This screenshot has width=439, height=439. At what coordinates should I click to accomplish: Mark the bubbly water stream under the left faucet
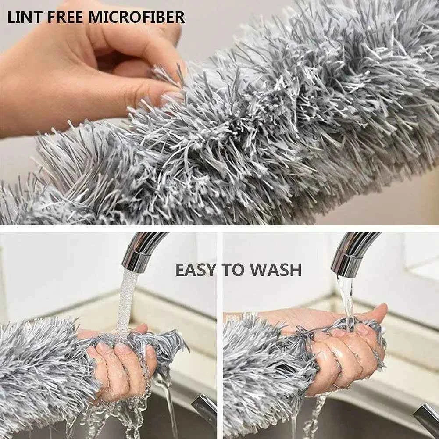[x=126, y=303]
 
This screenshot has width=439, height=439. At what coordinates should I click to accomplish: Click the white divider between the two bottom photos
[x=220, y=333]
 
